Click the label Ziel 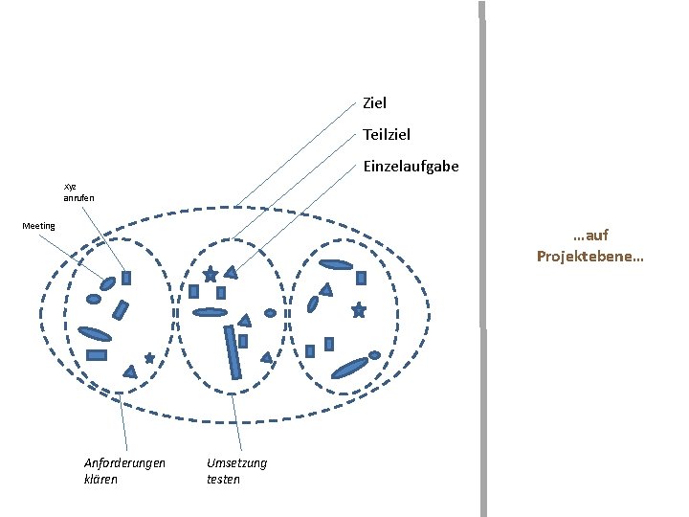pyautogui.click(x=374, y=101)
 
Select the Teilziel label pyautogui.click(x=387, y=135)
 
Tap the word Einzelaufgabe pyautogui.click(x=411, y=167)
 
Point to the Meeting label pyautogui.click(x=39, y=226)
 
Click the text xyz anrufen pyautogui.click(x=78, y=191)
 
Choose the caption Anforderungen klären pyautogui.click(x=124, y=470)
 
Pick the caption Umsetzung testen pyautogui.click(x=236, y=470)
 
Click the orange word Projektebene pyautogui.click(x=589, y=257)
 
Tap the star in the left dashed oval pyautogui.click(x=149, y=358)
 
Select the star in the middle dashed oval pyautogui.click(x=210, y=275)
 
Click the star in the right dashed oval pyautogui.click(x=359, y=310)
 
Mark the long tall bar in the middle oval pyautogui.click(x=232, y=351)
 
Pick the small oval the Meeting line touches pyautogui.click(x=107, y=282)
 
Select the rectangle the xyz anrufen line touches pyautogui.click(x=126, y=278)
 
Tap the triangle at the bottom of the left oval pyautogui.click(x=129, y=371)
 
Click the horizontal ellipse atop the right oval pyautogui.click(x=336, y=264)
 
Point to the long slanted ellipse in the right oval pyautogui.click(x=348, y=367)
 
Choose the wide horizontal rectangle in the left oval pyautogui.click(x=97, y=355)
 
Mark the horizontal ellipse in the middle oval pyautogui.click(x=209, y=312)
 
